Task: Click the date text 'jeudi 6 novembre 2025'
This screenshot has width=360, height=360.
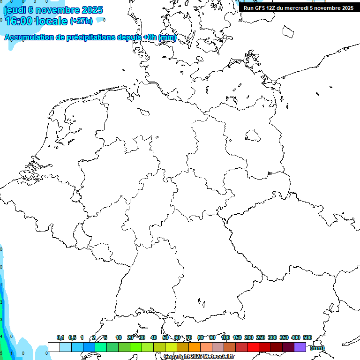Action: click(53, 10)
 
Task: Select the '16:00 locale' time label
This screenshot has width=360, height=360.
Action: click(37, 21)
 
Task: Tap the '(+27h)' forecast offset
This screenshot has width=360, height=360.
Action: click(81, 21)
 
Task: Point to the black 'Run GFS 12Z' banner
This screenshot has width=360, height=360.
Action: click(298, 8)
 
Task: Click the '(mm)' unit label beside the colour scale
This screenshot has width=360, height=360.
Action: click(317, 348)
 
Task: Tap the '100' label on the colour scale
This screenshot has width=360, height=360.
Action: click(225, 337)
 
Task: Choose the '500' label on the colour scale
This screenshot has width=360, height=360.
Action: click(307, 337)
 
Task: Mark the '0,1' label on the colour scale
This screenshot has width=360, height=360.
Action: click(60, 337)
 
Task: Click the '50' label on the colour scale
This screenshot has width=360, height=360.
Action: click(165, 337)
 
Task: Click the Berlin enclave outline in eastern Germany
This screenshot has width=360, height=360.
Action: click(253, 136)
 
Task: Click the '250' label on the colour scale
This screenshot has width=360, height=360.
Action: click(261, 337)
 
